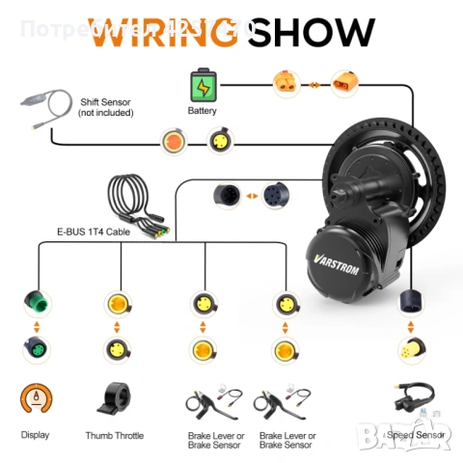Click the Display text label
[35, 436]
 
